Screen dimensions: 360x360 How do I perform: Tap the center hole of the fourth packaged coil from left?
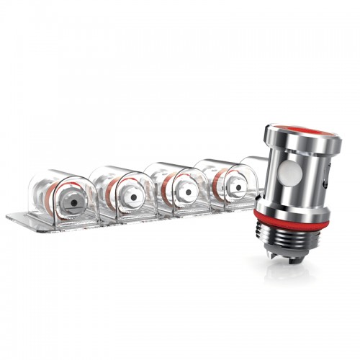click(235, 189)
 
